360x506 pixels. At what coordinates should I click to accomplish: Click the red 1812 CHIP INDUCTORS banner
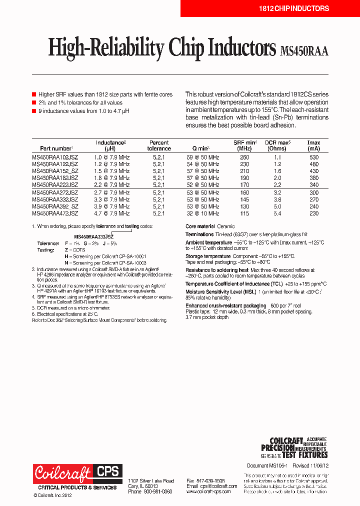[293, 8]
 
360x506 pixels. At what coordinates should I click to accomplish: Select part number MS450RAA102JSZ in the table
[55, 157]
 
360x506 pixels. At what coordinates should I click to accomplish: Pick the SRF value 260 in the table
[244, 157]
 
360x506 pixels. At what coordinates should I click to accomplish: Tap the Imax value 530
[313, 157]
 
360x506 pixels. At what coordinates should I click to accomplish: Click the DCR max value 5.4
[277, 213]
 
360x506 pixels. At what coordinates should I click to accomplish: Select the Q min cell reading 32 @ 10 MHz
[202, 213]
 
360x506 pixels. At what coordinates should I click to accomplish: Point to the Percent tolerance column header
[159, 145]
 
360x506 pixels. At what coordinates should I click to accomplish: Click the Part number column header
[55, 148]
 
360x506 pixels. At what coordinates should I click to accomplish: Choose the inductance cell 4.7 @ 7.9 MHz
[112, 213]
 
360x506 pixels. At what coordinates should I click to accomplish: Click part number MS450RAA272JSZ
[55, 192]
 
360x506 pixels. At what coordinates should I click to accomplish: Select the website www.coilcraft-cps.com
[208, 491]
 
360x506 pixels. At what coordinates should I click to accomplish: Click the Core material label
[200, 226]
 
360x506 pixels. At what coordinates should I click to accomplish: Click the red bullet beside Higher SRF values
[34, 94]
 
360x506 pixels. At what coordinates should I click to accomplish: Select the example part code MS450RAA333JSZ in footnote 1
[93, 236]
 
